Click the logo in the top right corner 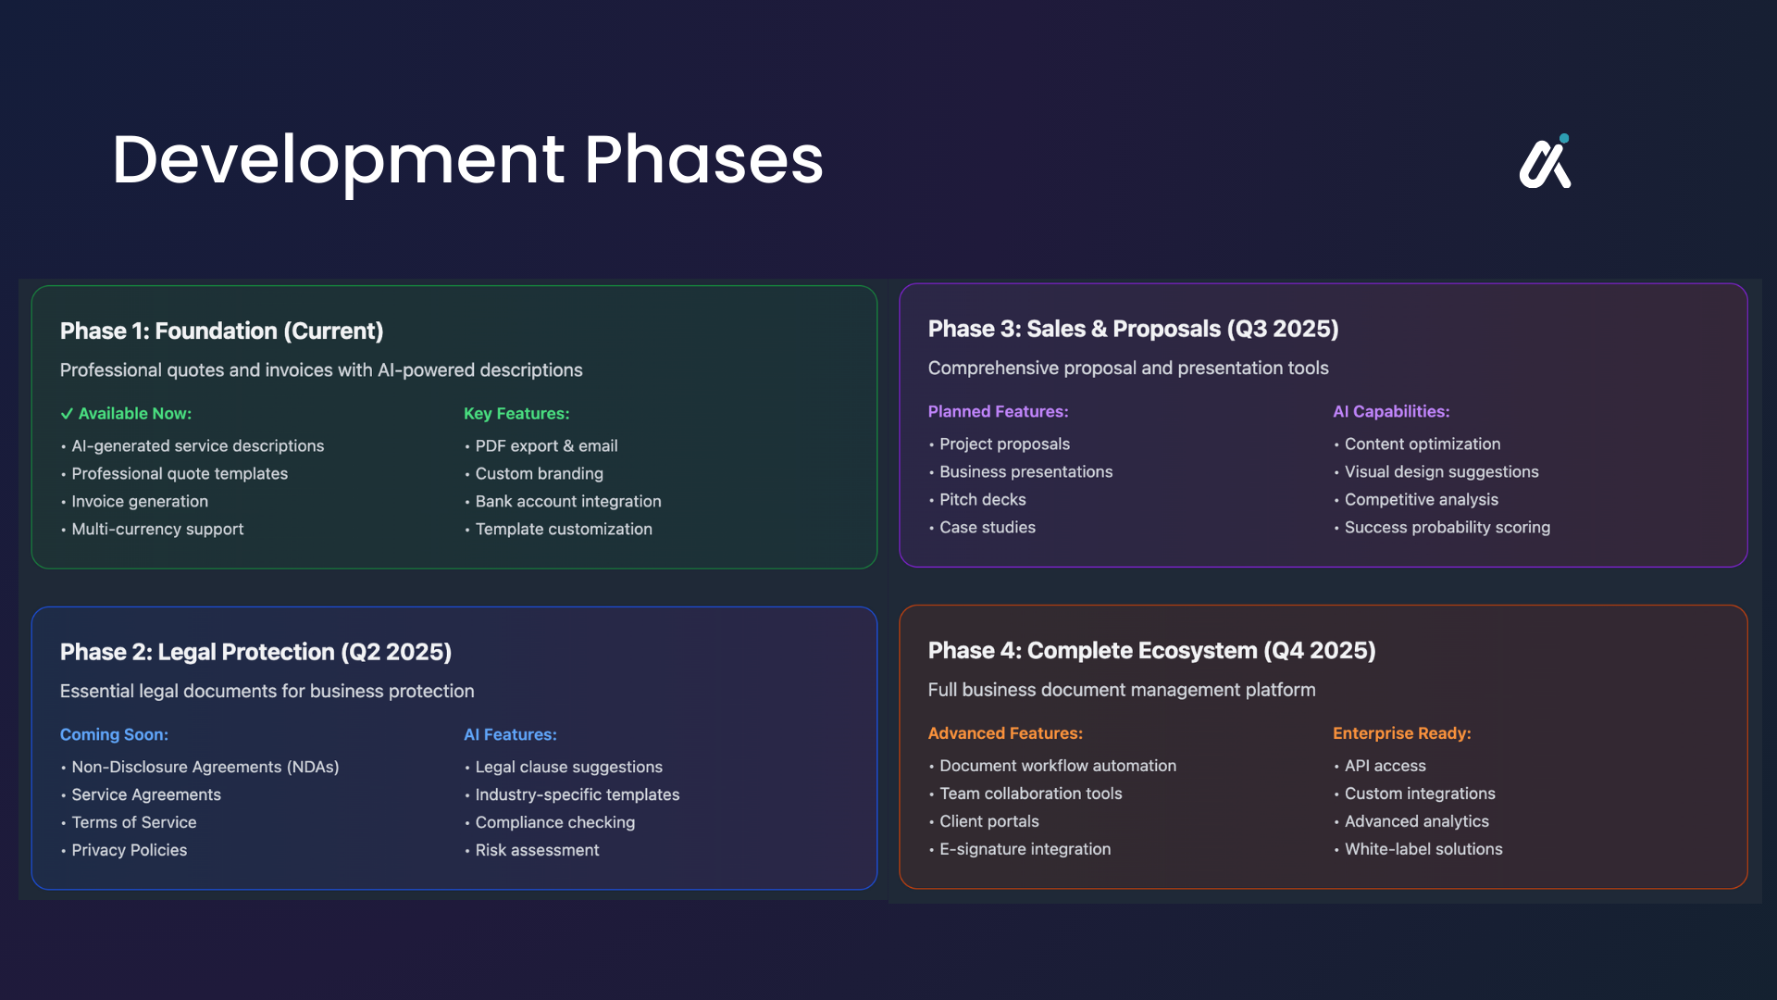(x=1545, y=163)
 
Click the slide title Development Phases (x=467, y=160)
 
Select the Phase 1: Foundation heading (x=221, y=331)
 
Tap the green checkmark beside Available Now (x=67, y=414)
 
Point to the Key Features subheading (x=516, y=414)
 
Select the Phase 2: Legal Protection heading (x=255, y=652)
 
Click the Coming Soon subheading (x=114, y=734)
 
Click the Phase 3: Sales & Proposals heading (x=1133, y=329)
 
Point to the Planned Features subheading (x=998, y=411)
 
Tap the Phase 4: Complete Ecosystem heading (x=1151, y=650)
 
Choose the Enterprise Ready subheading (x=1401, y=733)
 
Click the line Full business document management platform (x=1122, y=690)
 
